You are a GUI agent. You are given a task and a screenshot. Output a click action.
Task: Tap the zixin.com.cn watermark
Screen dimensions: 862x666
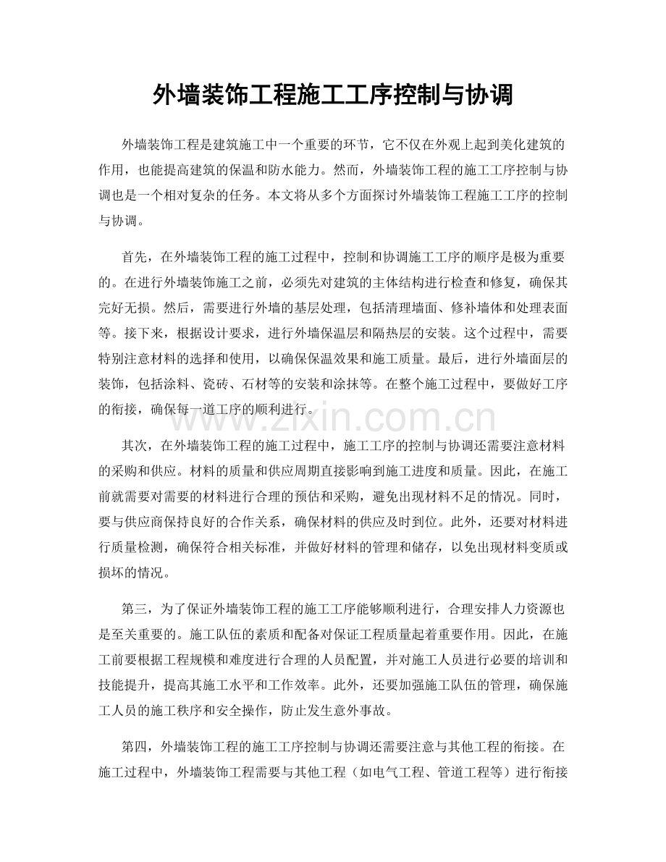332,420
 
